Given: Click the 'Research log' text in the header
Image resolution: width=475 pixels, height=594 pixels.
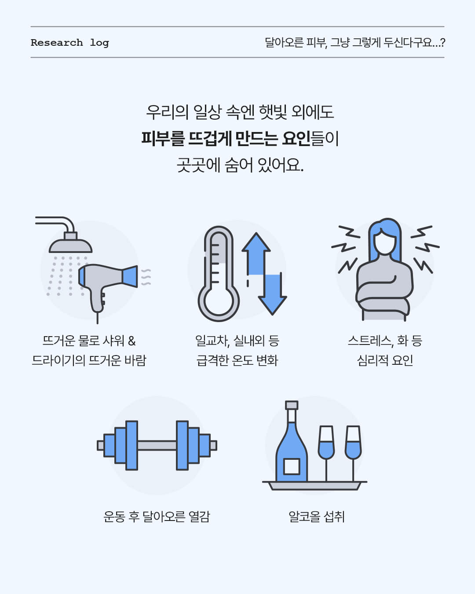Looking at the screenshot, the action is point(70,43).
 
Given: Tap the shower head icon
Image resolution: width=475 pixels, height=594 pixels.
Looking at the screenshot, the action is point(70,243).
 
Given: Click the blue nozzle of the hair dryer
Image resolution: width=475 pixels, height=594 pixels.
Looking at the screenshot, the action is point(130,276).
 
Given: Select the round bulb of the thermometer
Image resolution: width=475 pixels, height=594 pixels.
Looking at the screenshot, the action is point(218,303).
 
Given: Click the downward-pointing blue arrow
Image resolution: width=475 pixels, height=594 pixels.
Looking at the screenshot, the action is point(272,294).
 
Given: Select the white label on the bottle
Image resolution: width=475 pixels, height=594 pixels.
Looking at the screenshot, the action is point(292,466).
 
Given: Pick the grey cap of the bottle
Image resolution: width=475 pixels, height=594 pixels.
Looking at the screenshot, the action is point(292,405).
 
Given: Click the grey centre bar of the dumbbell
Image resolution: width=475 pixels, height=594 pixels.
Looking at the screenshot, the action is point(157,445).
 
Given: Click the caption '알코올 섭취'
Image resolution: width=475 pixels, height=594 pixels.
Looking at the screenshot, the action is point(317,517).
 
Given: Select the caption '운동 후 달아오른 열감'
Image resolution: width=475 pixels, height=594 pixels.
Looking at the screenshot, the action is point(157,517).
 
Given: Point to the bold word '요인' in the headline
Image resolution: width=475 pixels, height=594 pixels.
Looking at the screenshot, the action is point(296,138).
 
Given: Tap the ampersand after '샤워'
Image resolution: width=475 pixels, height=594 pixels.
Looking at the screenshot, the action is point(132,341).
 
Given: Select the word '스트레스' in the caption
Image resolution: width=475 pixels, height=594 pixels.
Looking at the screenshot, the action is point(369,341).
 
